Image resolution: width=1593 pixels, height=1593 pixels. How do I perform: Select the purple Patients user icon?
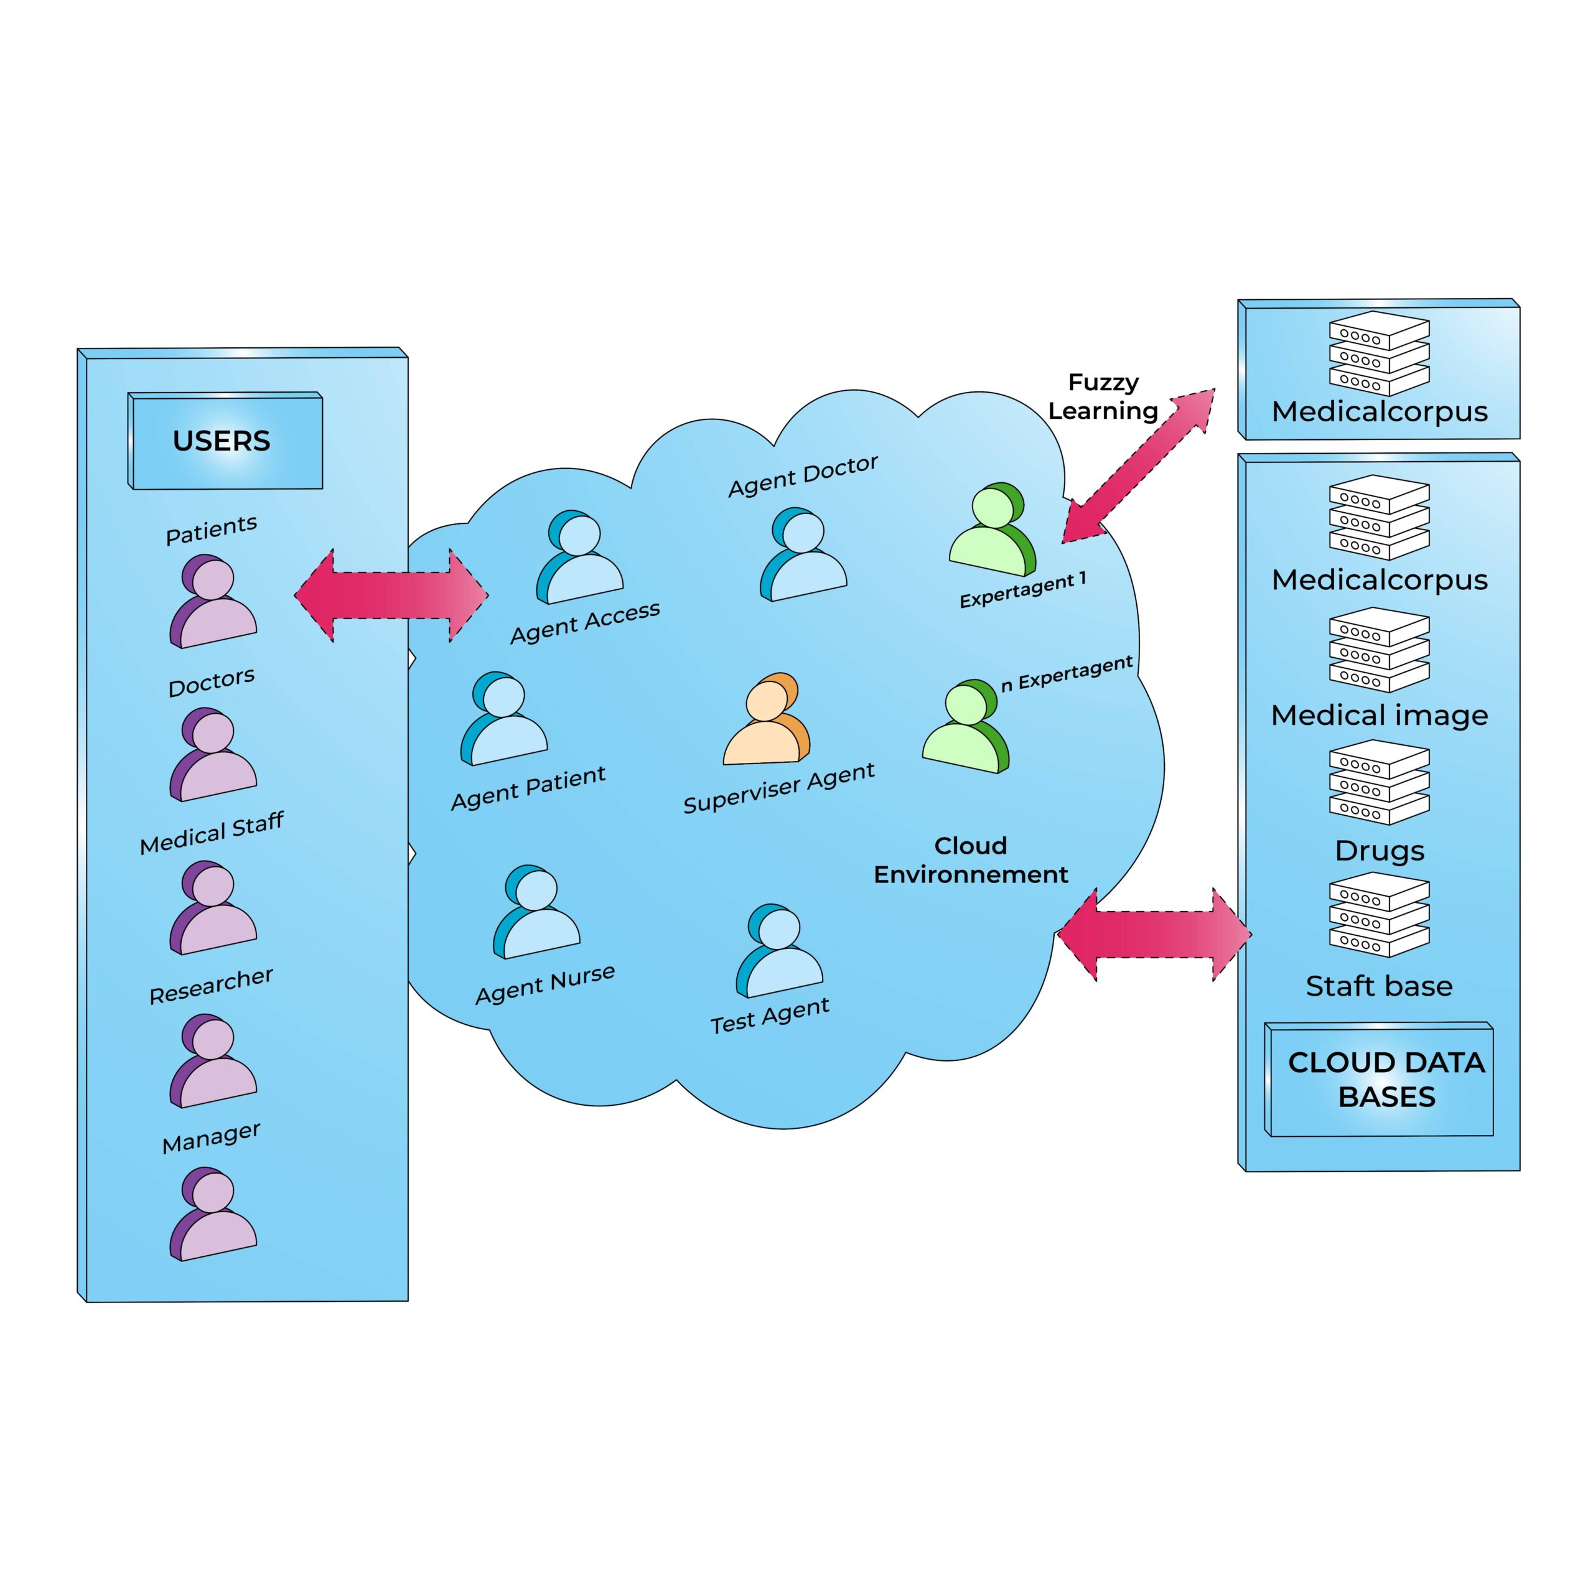[x=213, y=601]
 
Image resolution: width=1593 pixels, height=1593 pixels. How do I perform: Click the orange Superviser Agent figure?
[x=766, y=720]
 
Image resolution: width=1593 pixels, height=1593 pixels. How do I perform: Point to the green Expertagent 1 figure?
[x=993, y=530]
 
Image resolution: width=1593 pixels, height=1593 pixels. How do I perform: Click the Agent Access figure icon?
[x=580, y=558]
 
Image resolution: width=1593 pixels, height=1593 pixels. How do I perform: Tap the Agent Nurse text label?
[x=545, y=984]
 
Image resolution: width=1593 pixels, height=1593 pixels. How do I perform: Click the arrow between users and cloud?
[x=391, y=594]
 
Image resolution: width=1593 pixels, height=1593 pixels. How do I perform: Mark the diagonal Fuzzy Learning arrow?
[x=1138, y=467]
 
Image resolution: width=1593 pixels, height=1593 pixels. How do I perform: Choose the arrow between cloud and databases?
[x=1154, y=934]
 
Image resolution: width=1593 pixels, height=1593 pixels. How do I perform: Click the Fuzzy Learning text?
[x=1103, y=396]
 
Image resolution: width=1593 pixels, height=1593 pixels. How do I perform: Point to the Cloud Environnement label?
[x=971, y=859]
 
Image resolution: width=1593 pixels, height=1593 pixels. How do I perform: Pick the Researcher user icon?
[x=213, y=1061]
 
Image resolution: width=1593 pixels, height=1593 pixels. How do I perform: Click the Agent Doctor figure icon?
[x=803, y=555]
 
